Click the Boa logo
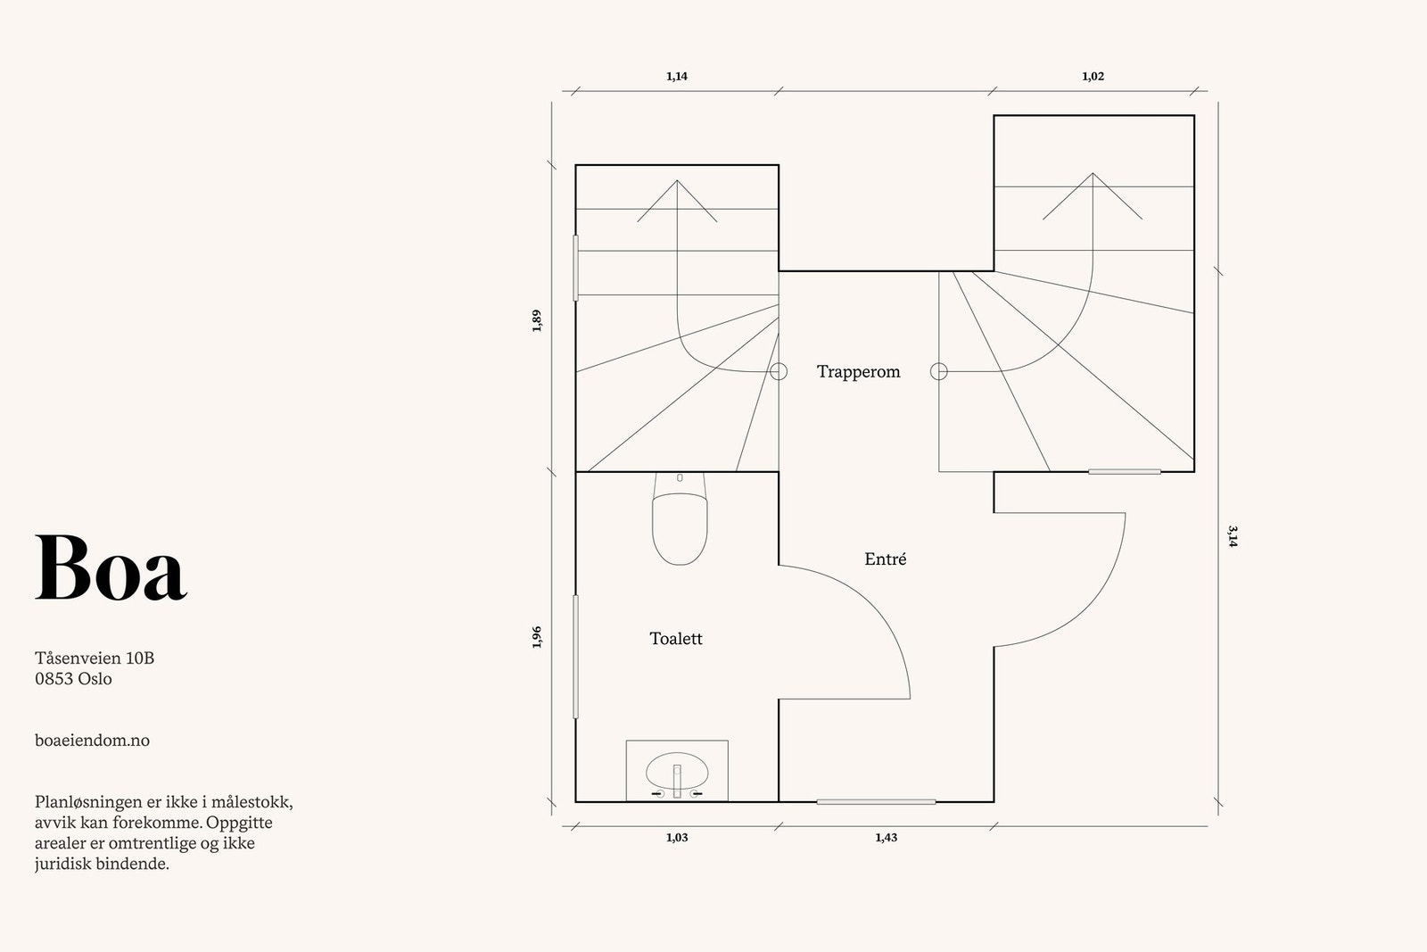(x=111, y=567)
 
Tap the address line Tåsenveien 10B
(x=95, y=658)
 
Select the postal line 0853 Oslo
(x=73, y=679)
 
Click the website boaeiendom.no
(x=93, y=741)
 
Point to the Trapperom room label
(x=859, y=372)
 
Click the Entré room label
(x=886, y=559)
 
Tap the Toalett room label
(x=676, y=639)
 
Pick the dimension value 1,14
(x=677, y=77)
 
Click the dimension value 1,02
(x=1093, y=77)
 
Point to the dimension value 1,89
(x=536, y=320)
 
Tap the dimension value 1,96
(x=536, y=637)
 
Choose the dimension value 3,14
(x=1233, y=536)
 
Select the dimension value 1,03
(x=677, y=837)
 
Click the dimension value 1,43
(x=887, y=837)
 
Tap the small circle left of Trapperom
(x=779, y=371)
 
